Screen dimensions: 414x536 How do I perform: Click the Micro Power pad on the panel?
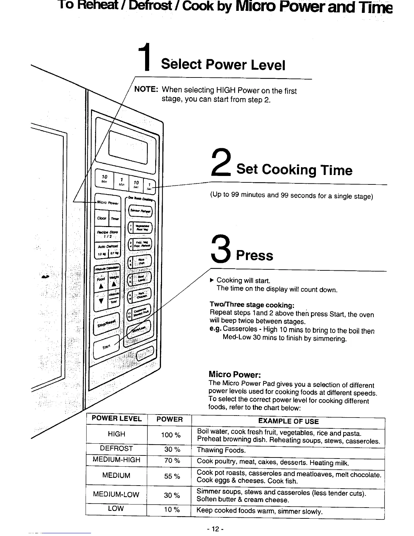click(108, 203)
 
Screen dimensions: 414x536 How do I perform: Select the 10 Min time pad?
click(104, 179)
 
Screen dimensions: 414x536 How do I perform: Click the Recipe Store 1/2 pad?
click(108, 234)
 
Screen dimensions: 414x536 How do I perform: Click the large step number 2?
click(221, 163)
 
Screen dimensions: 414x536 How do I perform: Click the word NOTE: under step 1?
click(146, 89)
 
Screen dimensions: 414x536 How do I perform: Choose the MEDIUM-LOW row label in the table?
click(116, 494)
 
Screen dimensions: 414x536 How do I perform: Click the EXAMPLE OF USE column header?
click(288, 421)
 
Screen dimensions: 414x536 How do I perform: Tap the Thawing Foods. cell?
click(221, 450)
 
